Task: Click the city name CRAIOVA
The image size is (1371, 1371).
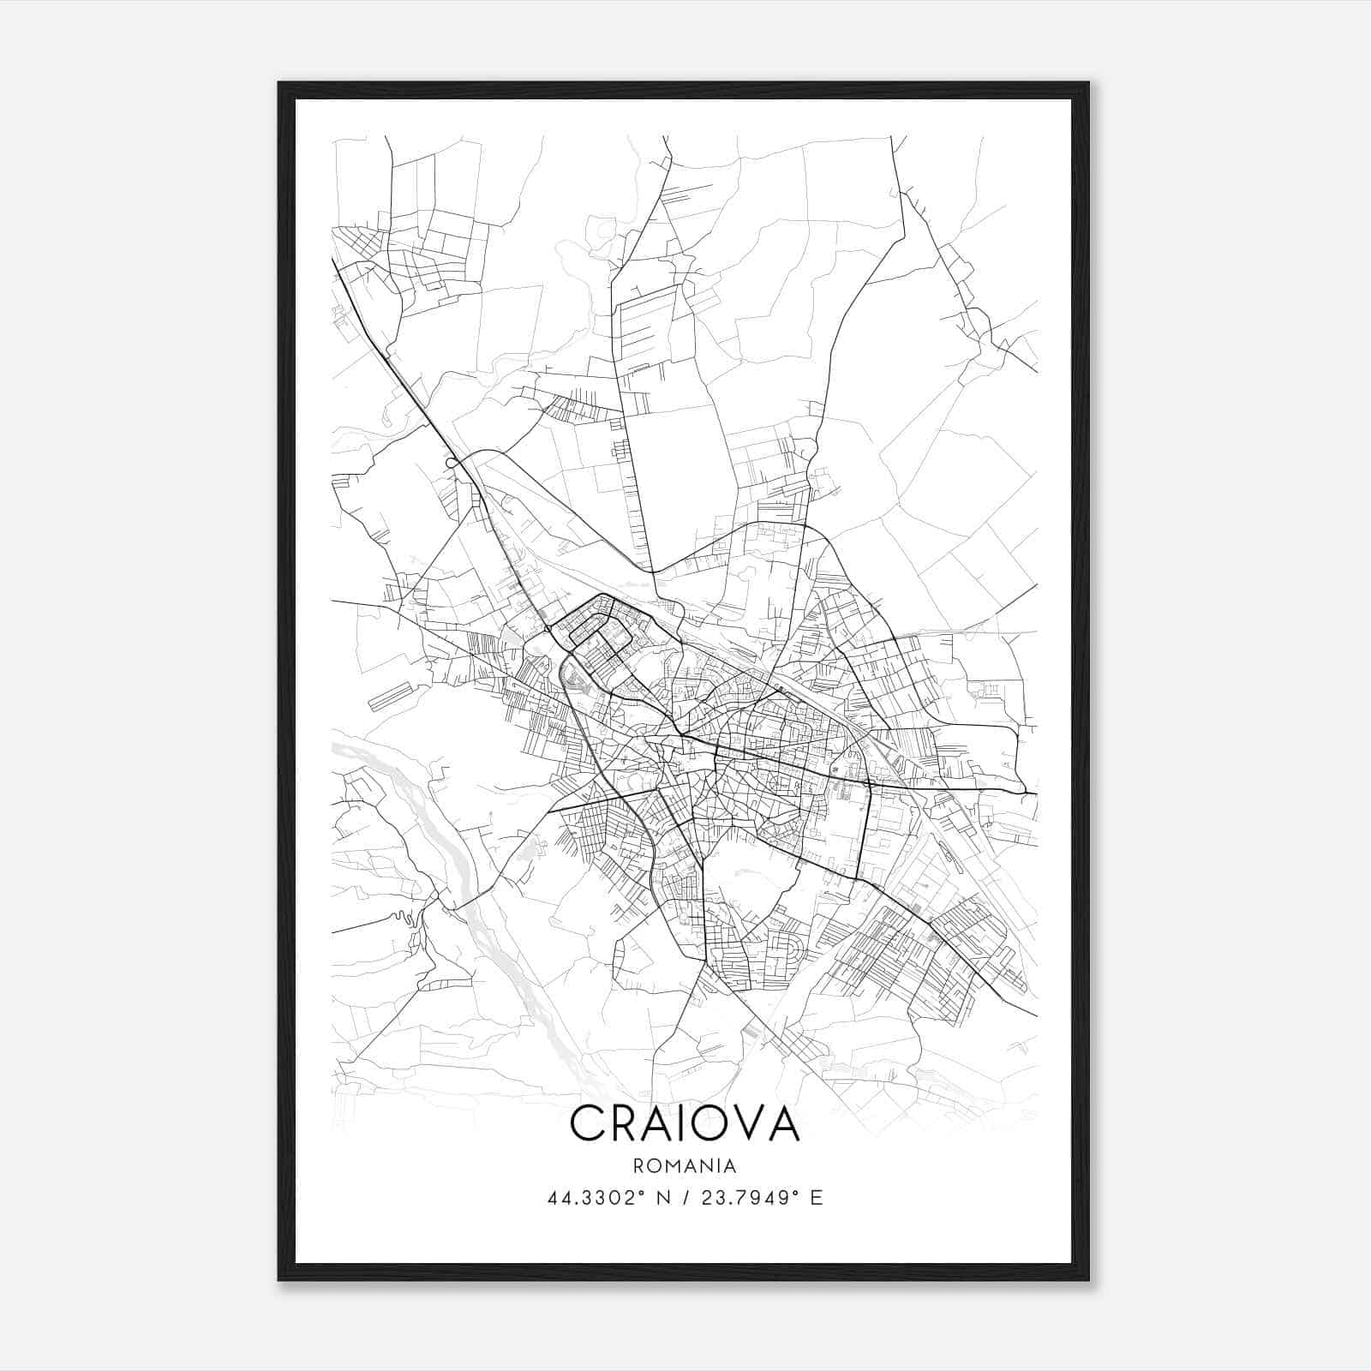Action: (685, 1123)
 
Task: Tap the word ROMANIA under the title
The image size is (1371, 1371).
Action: (685, 1166)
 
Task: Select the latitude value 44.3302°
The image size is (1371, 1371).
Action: (596, 1198)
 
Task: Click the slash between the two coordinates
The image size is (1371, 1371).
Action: (685, 1198)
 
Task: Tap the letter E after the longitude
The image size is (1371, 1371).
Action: (816, 1198)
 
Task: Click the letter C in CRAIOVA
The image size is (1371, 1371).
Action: (588, 1123)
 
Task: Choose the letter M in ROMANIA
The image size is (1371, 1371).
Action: (678, 1166)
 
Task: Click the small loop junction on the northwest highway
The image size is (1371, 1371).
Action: (450, 463)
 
